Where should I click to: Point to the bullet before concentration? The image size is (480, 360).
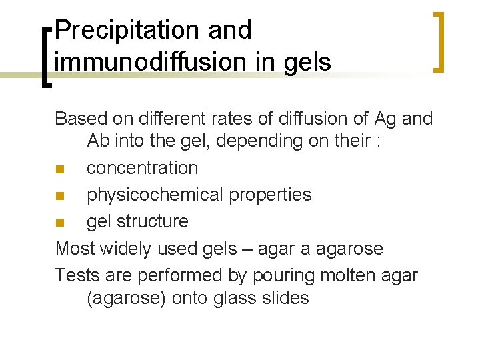tap(60, 169)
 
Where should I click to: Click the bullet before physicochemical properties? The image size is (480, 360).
tap(60, 195)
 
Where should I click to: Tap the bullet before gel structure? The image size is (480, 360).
tap(60, 222)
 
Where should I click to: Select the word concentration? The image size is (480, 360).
tap(143, 168)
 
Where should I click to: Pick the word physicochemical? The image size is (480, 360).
tap(167, 195)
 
